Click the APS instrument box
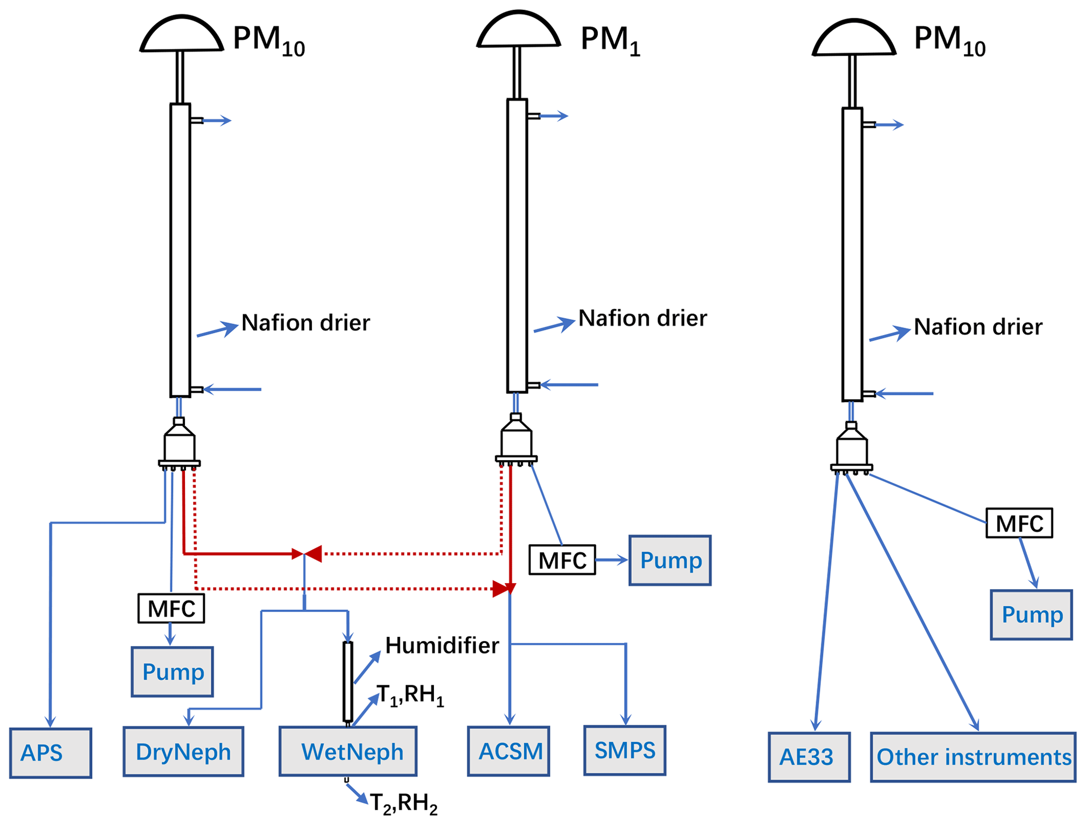tap(50, 752)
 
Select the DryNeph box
tap(183, 751)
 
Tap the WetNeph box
tap(348, 751)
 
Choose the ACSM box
tap(509, 751)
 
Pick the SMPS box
tap(625, 750)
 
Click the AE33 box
tap(809, 757)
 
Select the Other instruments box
tap(973, 757)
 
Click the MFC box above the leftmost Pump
tap(171, 608)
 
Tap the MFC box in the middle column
tap(562, 560)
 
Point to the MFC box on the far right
tap(1019, 523)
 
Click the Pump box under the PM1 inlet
tap(670, 561)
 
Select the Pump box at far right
tap(1031, 615)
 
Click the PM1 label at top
tap(610, 40)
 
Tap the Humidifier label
tap(442, 645)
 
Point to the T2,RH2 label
tap(404, 803)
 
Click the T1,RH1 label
tap(410, 695)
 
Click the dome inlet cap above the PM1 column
tap(519, 30)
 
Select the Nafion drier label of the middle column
tap(643, 318)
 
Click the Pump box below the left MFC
tap(172, 671)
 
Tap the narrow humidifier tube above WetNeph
tap(348, 681)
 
